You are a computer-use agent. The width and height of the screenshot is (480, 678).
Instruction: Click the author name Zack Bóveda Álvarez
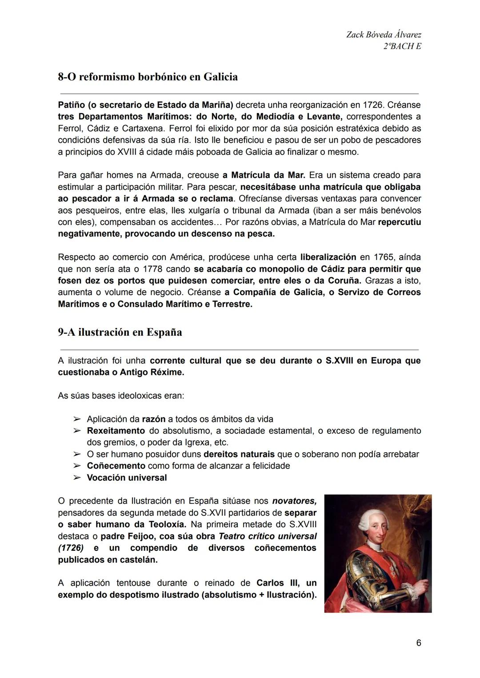click(384, 35)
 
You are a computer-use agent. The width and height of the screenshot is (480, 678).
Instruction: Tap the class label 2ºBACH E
click(402, 46)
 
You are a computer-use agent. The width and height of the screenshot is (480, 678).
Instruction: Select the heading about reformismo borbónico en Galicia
click(148, 77)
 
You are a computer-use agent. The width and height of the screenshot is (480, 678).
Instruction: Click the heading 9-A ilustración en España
click(120, 333)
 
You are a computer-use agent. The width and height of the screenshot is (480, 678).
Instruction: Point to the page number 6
click(418, 643)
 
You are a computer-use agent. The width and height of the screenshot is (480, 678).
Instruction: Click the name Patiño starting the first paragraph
click(71, 105)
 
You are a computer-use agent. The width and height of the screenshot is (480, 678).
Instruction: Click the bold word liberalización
click(328, 257)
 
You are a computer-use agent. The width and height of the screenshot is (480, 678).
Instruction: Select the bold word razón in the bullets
click(153, 419)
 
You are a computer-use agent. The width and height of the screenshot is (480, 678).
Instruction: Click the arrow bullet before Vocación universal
click(77, 478)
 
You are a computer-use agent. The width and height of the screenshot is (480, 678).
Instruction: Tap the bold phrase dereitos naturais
click(239, 454)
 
